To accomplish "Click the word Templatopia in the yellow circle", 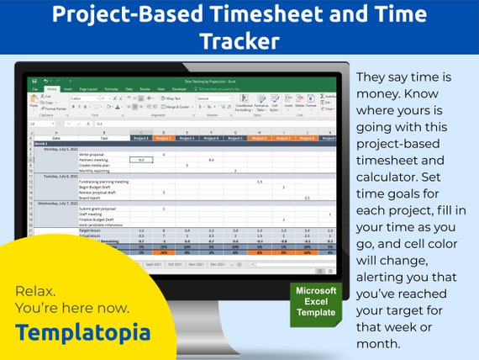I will pos(82,332).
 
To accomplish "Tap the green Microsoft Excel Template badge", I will pos(315,301).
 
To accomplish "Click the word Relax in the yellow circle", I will pos(34,291).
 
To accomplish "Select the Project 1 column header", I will pos(140,138).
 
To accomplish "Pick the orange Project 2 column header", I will pos(164,138).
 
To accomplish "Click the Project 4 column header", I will pos(212,138).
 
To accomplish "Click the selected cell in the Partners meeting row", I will pos(140,160).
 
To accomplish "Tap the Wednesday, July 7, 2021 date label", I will pos(60,203).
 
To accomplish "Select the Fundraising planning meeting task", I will pos(103,181).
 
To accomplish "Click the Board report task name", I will pos(90,198).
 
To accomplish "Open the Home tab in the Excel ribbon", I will pos(52,88).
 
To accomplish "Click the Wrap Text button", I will pos(171,98).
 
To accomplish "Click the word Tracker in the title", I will pos(239,41).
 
